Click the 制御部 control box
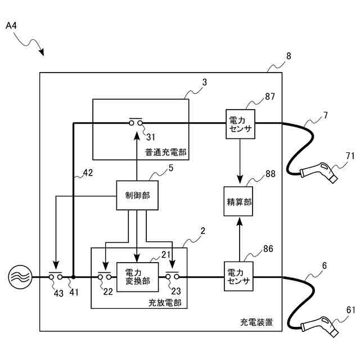point(137,195)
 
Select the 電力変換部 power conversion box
point(137,277)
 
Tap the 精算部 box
point(238,201)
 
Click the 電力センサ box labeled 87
point(240,124)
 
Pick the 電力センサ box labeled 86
point(238,276)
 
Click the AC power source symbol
point(20,277)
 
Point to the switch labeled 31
point(136,122)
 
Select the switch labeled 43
point(56,276)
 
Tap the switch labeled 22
point(105,276)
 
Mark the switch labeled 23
point(172,276)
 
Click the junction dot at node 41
point(74,277)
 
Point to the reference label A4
point(11,25)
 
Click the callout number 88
point(270,174)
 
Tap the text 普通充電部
point(165,152)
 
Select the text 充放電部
point(165,303)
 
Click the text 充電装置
point(256,322)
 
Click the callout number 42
point(88,173)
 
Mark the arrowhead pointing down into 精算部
point(240,179)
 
